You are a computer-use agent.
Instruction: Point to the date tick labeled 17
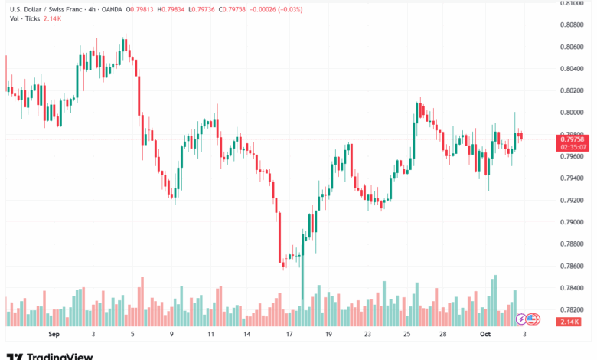(x=289, y=335)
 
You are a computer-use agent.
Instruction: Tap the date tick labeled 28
(x=443, y=335)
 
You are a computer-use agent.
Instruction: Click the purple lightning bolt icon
(x=521, y=318)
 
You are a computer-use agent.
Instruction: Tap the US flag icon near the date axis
(x=531, y=318)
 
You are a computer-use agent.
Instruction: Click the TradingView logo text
(x=59, y=356)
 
